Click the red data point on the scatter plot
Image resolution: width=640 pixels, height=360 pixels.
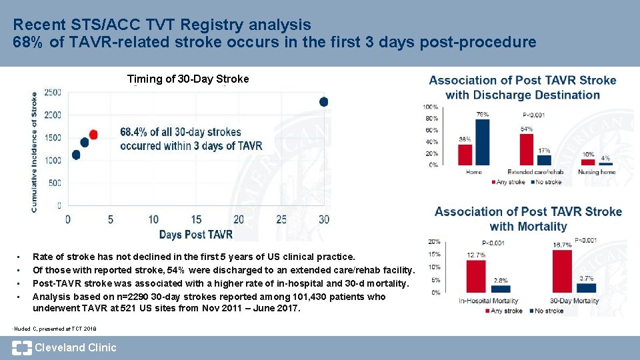point(93,135)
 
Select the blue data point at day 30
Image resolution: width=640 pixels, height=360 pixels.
point(324,102)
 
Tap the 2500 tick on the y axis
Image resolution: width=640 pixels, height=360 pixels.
point(53,92)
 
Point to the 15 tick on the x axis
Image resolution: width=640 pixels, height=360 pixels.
point(196,219)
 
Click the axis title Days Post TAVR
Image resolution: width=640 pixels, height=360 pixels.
point(196,234)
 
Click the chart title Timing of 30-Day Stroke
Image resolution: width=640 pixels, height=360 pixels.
point(188,79)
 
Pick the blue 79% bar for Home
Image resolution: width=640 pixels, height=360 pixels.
point(483,141)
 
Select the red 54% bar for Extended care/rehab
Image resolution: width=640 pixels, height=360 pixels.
point(527,149)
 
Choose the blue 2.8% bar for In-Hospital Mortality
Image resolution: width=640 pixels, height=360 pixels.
point(501,289)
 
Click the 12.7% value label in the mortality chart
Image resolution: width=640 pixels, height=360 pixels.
point(475,255)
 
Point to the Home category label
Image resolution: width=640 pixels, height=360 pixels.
point(473,172)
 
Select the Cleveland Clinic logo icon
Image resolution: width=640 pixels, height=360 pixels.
point(21,347)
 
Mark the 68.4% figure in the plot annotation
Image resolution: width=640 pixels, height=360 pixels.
point(136,133)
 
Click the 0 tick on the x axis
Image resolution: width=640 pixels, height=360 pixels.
point(68,219)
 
